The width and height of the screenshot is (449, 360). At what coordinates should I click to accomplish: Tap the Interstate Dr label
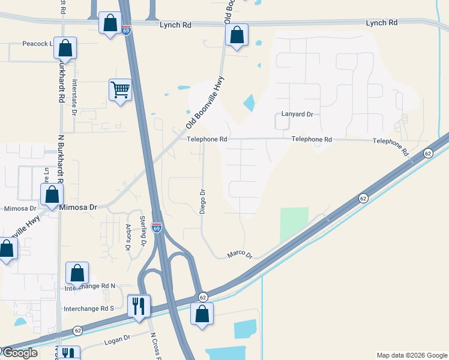click(x=75, y=97)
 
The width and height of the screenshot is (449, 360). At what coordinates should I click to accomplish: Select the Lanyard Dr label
click(x=297, y=114)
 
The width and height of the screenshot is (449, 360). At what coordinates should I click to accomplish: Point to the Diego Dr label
click(x=202, y=202)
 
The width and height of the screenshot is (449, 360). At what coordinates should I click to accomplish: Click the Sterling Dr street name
click(x=143, y=230)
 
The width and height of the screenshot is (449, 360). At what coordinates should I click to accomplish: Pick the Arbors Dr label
click(x=128, y=238)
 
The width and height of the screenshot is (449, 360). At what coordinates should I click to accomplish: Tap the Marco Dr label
click(x=240, y=254)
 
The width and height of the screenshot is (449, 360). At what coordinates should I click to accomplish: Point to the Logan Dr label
click(x=118, y=340)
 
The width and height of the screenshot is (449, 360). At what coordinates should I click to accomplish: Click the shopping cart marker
click(x=120, y=91)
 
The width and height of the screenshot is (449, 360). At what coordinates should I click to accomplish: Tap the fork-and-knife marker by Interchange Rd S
click(x=139, y=306)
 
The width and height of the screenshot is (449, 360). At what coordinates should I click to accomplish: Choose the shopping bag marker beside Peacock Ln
click(x=66, y=49)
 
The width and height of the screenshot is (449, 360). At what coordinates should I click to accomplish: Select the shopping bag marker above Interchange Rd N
click(x=77, y=274)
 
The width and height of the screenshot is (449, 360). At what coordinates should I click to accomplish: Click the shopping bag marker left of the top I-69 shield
click(x=110, y=24)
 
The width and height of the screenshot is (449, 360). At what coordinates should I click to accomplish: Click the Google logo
click(x=19, y=353)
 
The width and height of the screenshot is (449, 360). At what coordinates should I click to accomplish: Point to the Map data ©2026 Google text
click(x=411, y=355)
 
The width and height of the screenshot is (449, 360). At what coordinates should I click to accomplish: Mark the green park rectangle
click(x=294, y=226)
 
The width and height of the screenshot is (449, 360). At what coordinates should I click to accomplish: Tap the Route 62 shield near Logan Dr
click(x=78, y=331)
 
